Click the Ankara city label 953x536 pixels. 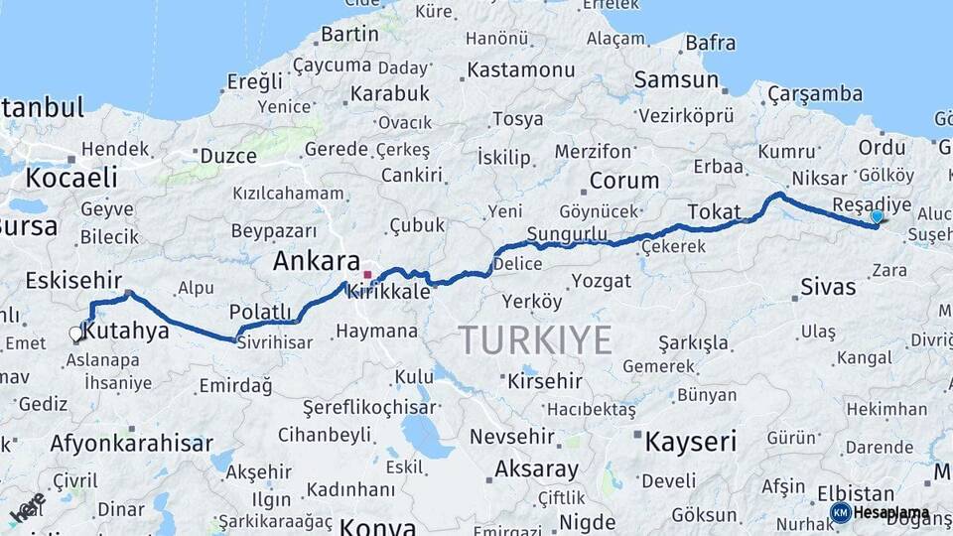[317, 263]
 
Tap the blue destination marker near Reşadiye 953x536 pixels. [877, 216]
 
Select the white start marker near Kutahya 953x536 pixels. [75, 335]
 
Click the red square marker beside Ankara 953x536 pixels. [367, 274]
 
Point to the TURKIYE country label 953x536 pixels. [535, 340]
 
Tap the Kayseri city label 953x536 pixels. [691, 442]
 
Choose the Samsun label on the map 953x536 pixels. [676, 80]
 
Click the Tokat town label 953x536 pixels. [714, 211]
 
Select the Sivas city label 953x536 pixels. [828, 288]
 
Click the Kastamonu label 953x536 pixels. [521, 70]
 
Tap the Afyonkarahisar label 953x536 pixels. [131, 444]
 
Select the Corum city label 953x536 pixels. [623, 181]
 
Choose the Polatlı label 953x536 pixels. [260, 312]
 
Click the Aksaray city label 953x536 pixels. [536, 468]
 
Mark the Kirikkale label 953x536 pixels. [395, 293]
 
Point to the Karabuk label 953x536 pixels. [388, 93]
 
